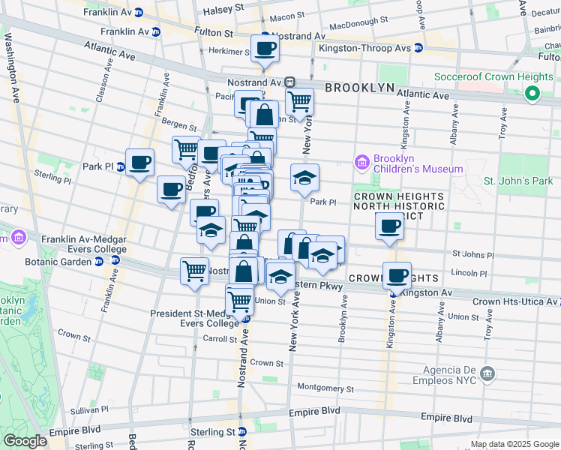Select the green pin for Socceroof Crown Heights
pyautogui.click(x=532, y=94)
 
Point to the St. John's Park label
pyautogui.click(x=517, y=181)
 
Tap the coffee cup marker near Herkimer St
pyautogui.click(x=265, y=49)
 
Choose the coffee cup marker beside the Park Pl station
pyautogui.click(x=140, y=162)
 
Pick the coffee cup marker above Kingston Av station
pyautogui.click(x=397, y=275)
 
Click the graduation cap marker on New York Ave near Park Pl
pyautogui.click(x=304, y=178)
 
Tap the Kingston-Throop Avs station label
pyautogui.click(x=364, y=48)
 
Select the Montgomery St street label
pyautogui.click(x=325, y=388)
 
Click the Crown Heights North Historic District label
pyautogui.click(x=398, y=205)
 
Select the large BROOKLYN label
pyautogui.click(x=359, y=88)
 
